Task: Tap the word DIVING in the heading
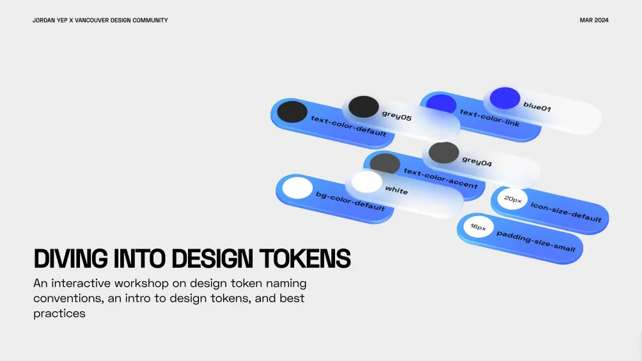click(x=71, y=259)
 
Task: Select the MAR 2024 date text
click(x=593, y=20)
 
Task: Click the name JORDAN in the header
click(x=44, y=20)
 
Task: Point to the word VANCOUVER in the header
click(x=91, y=20)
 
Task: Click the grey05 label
click(x=396, y=116)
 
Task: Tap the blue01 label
click(x=537, y=107)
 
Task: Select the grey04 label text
click(x=477, y=161)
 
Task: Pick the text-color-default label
click(x=348, y=126)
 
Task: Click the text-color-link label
click(x=490, y=118)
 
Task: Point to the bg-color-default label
click(x=350, y=201)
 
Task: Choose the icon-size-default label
click(x=566, y=212)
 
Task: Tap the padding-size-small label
click(x=536, y=242)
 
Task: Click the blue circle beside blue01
click(x=505, y=98)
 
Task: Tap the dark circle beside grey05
click(x=364, y=107)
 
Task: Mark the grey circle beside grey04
click(x=444, y=153)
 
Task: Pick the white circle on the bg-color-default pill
click(x=298, y=187)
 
